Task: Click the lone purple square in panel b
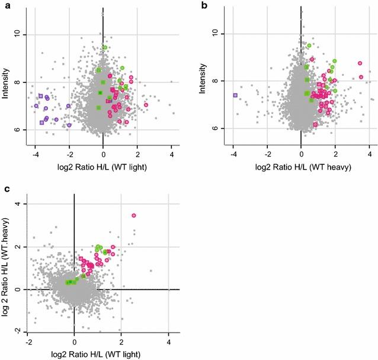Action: [x=235, y=95]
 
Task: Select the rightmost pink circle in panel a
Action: [x=146, y=105]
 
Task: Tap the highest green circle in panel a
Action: [x=105, y=47]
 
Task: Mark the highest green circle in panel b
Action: [x=309, y=45]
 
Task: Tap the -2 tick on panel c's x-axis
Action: [x=28, y=343]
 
